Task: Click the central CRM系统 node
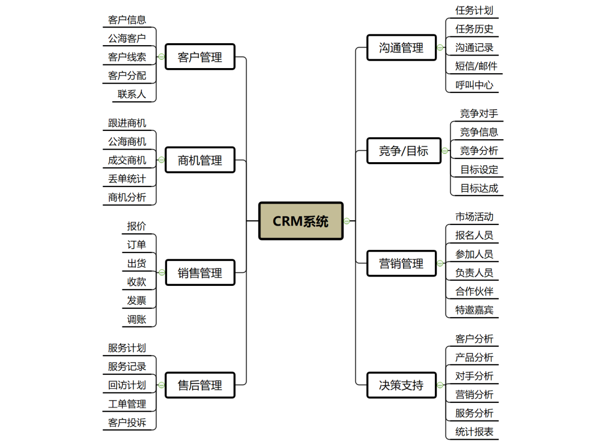point(301,221)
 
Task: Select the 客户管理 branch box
point(200,57)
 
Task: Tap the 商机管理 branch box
point(200,160)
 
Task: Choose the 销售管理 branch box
point(200,272)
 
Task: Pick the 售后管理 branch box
point(200,385)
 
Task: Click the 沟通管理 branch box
point(401,48)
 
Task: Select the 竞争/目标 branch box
point(404,151)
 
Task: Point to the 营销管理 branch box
point(401,263)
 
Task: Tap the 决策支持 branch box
point(401,385)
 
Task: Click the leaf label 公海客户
point(127,38)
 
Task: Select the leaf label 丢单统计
point(127,179)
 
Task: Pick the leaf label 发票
point(136,300)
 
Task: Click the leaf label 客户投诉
point(127,423)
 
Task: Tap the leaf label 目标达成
point(479,188)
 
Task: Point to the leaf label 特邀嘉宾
point(474,310)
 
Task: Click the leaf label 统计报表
point(474,431)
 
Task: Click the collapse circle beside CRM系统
point(347,221)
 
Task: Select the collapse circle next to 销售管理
point(162,272)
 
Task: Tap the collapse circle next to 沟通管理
point(440,48)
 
